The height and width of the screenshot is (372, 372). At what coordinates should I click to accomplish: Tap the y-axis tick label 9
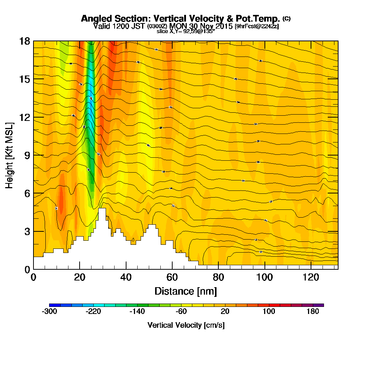[27, 155]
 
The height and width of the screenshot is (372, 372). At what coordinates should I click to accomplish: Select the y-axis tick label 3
[27, 231]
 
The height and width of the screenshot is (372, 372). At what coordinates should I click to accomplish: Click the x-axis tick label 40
[126, 277]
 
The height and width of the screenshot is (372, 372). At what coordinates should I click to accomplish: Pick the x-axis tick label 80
[218, 277]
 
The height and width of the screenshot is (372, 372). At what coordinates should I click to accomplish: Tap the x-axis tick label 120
[311, 277]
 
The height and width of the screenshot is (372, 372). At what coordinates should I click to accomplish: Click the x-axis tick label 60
[172, 277]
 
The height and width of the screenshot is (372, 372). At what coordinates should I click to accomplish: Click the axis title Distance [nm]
[186, 291]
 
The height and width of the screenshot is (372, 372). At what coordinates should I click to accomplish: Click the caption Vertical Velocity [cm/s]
[186, 325]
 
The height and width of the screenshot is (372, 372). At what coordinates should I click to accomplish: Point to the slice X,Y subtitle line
[186, 31]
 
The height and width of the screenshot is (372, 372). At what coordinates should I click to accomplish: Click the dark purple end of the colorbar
[321, 305]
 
